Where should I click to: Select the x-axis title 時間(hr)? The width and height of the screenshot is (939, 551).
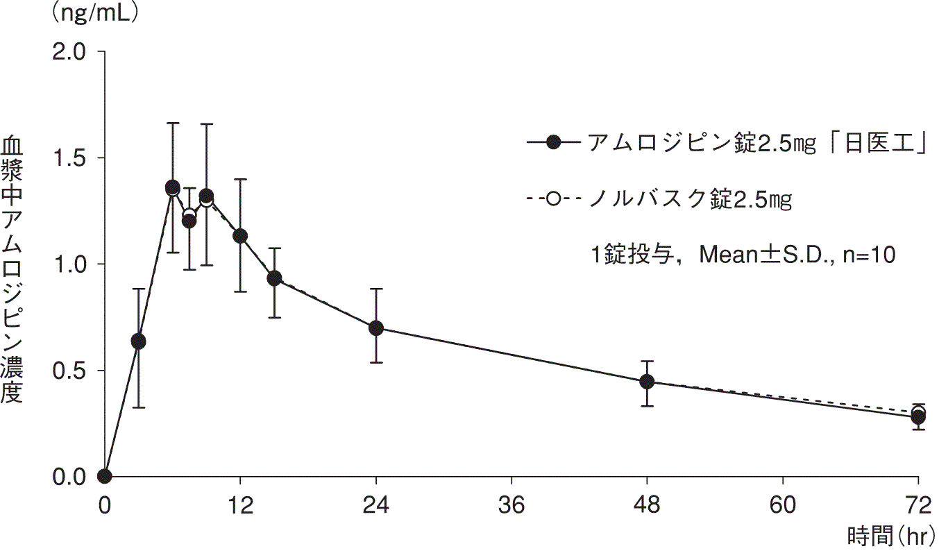pyautogui.click(x=891, y=536)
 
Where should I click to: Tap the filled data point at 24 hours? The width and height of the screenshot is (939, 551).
pyautogui.click(x=376, y=328)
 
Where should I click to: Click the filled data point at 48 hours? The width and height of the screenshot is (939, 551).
pyautogui.click(x=647, y=382)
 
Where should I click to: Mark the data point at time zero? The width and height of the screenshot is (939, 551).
pyautogui.click(x=105, y=476)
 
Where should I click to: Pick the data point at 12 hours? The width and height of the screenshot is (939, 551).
pyautogui.click(x=240, y=236)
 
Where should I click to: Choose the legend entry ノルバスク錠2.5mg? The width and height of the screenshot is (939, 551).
pyautogui.click(x=691, y=200)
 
